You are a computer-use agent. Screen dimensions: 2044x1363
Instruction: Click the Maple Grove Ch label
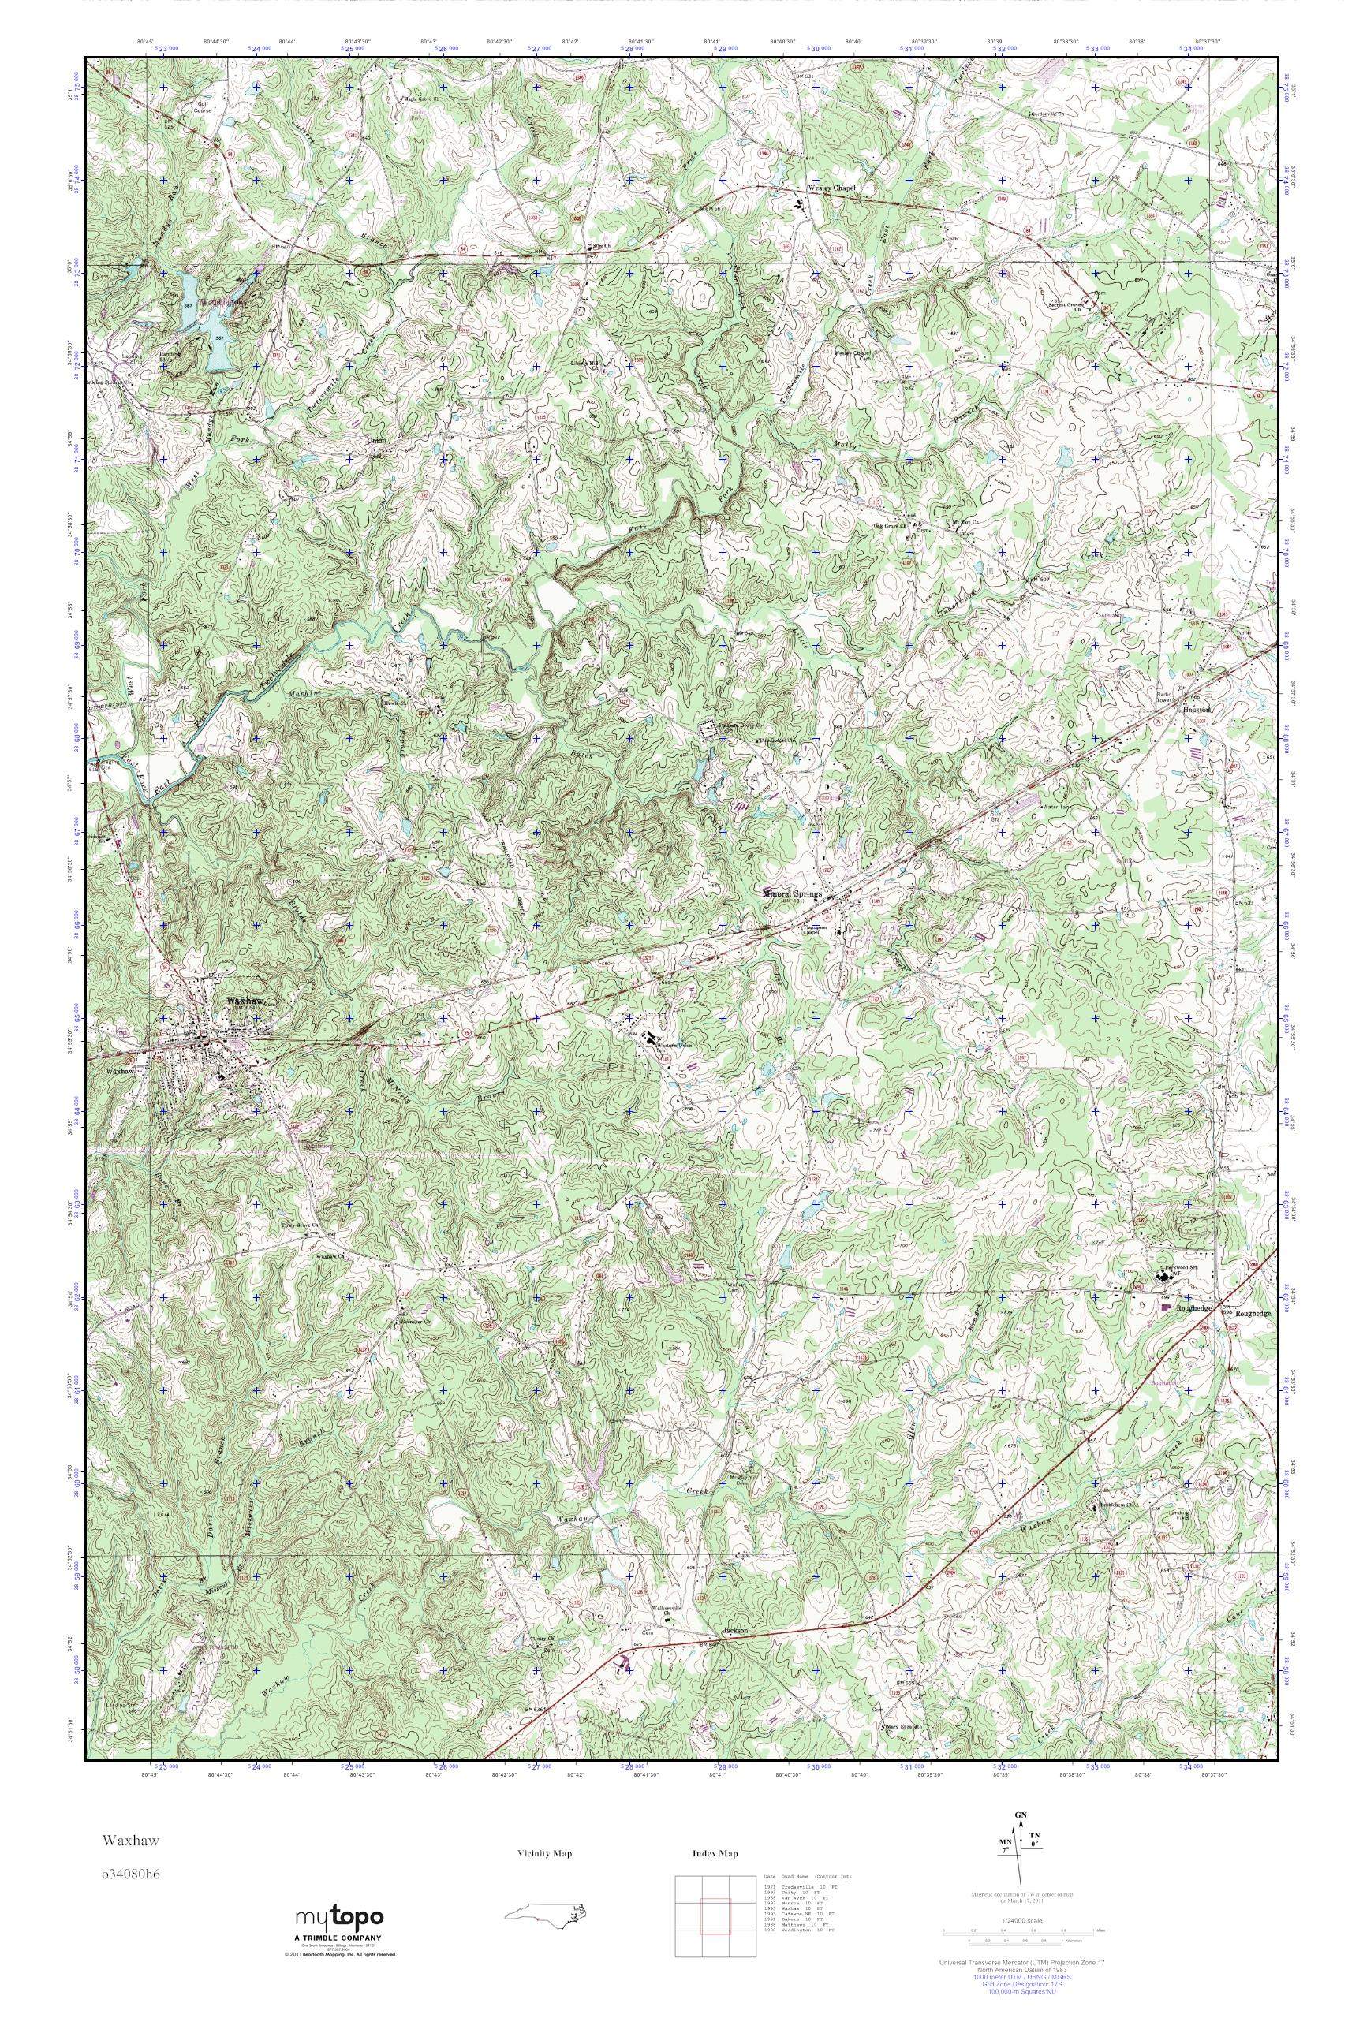pyautogui.click(x=418, y=99)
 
